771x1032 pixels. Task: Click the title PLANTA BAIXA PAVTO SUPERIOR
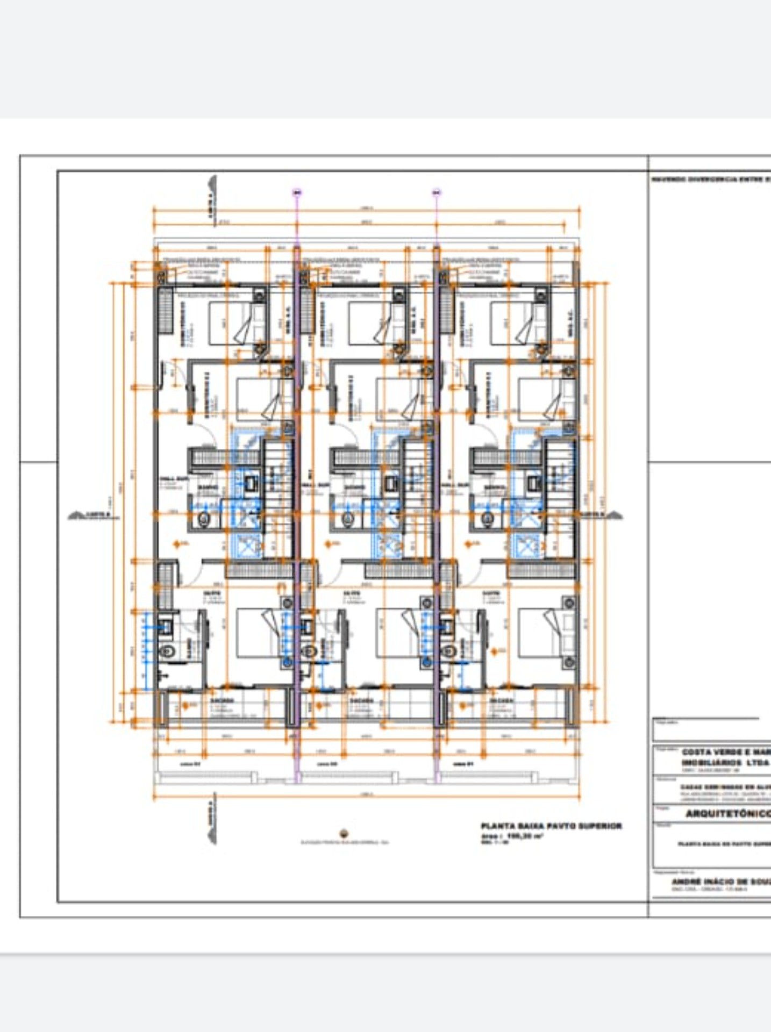click(x=551, y=826)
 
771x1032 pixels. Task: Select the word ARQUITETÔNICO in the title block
click(x=727, y=814)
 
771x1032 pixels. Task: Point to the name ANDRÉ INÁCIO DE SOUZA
click(x=720, y=882)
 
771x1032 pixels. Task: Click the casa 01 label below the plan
click(x=463, y=764)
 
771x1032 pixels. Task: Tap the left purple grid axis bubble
click(x=297, y=192)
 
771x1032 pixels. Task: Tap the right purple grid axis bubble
click(x=436, y=192)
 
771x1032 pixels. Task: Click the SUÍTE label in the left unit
click(x=211, y=593)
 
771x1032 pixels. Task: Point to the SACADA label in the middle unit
click(x=361, y=701)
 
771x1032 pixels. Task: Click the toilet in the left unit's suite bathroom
click(x=169, y=651)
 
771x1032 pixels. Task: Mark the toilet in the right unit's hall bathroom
click(x=487, y=519)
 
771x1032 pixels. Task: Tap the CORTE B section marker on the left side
click(x=91, y=515)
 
